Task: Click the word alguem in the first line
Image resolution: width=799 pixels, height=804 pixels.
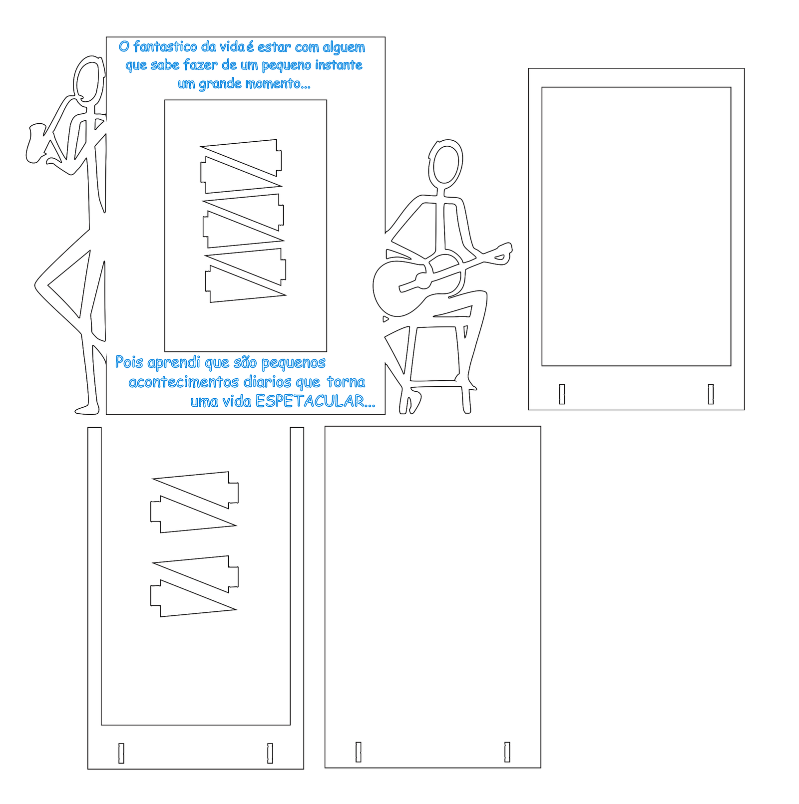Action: [x=344, y=47]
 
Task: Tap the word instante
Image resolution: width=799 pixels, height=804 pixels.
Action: [x=339, y=65]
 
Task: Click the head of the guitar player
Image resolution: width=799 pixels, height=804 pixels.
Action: [x=445, y=164]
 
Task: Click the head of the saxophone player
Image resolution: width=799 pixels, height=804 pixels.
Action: [x=89, y=80]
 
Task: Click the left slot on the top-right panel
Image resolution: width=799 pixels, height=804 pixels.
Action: [x=562, y=394]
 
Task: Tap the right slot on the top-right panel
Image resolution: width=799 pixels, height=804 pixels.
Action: [x=711, y=394]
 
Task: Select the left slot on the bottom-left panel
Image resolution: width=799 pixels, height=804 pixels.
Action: [x=121, y=753]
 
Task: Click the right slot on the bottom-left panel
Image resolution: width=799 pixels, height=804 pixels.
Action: [x=270, y=753]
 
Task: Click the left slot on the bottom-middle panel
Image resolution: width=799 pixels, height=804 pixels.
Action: [x=358, y=752]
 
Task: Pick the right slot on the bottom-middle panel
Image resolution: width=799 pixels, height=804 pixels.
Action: [x=507, y=752]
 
